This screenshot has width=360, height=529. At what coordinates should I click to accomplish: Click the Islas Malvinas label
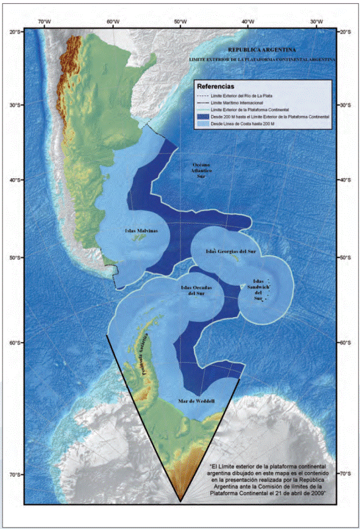click(142, 231)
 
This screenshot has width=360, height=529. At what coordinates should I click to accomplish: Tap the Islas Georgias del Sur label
click(231, 252)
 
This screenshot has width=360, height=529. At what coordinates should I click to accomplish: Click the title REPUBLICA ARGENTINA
click(262, 49)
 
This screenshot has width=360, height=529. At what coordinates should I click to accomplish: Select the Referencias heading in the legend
click(216, 86)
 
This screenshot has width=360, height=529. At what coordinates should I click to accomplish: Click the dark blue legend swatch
click(205, 116)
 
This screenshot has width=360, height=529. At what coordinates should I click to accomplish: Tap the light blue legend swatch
click(205, 122)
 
